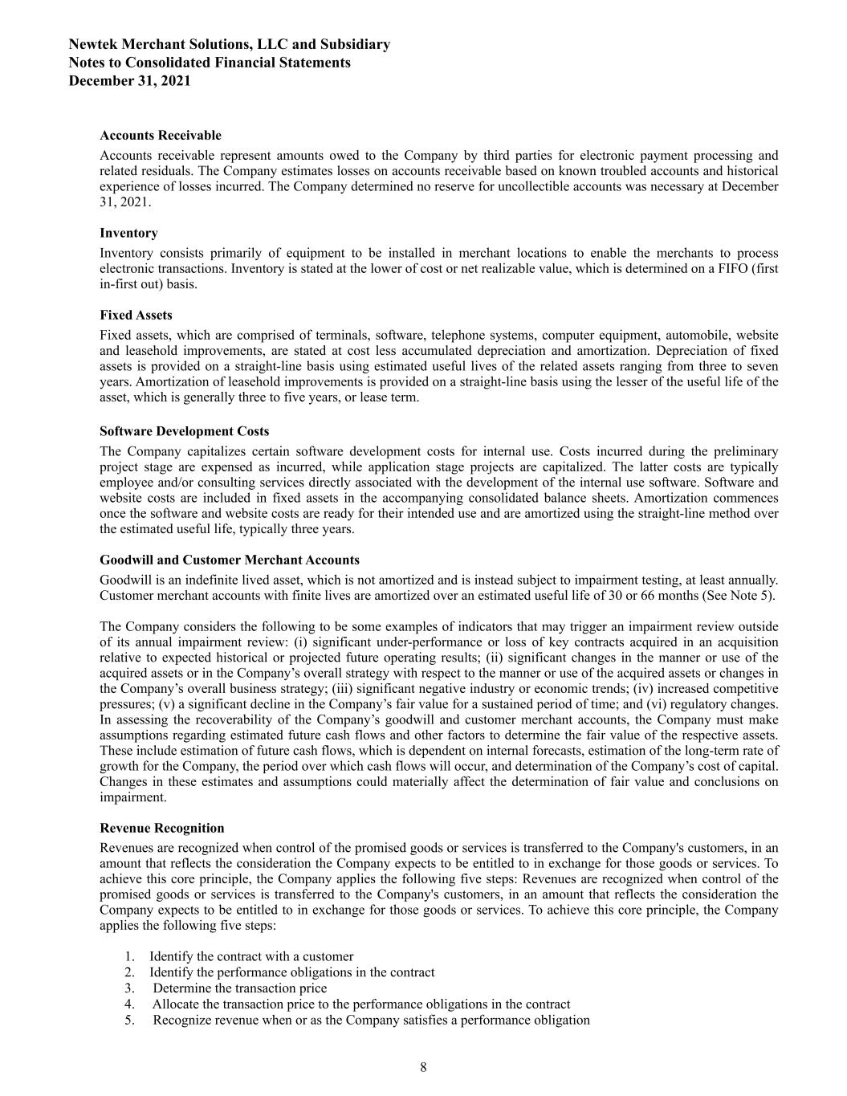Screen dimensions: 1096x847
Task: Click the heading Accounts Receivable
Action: [161, 135]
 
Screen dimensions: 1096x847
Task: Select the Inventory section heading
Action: [128, 233]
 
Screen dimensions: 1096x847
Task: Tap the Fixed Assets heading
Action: [136, 315]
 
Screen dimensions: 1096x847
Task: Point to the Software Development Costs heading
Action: [184, 431]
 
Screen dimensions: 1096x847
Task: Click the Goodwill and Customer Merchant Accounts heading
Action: [230, 560]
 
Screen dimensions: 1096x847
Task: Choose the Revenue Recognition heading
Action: [161, 828]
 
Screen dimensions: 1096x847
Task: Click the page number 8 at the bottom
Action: [423, 1067]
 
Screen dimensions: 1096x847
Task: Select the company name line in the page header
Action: [230, 44]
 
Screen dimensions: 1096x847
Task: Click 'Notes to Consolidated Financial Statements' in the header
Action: [210, 63]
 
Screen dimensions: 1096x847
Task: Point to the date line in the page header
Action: [130, 80]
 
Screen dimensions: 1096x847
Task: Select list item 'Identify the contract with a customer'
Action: [250, 956]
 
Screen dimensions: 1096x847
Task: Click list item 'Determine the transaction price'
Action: [239, 988]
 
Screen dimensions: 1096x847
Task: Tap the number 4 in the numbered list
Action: [128, 1004]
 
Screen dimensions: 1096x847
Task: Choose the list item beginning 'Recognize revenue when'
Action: [371, 1021]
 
